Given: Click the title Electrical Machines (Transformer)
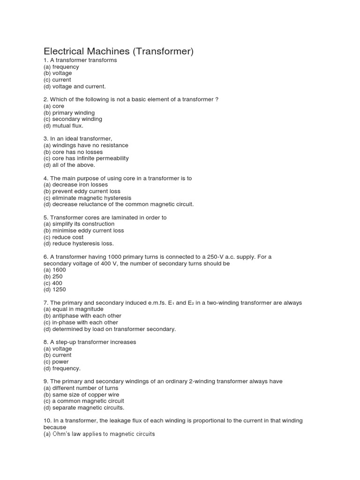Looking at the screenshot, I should tap(119, 51).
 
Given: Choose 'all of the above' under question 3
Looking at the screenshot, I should tap(69, 165).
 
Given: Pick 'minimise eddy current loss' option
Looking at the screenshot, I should tap(83, 231).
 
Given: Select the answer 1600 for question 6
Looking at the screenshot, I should tap(55, 270).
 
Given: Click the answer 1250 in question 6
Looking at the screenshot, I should tap(55, 290).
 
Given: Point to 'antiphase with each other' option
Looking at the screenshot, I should tap(82, 316).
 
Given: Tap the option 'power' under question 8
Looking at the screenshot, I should tap(56, 362).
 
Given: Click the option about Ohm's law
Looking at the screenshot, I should tap(99, 434).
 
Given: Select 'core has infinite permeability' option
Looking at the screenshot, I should tap(86, 158).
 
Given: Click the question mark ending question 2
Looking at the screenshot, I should tap(217, 99).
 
